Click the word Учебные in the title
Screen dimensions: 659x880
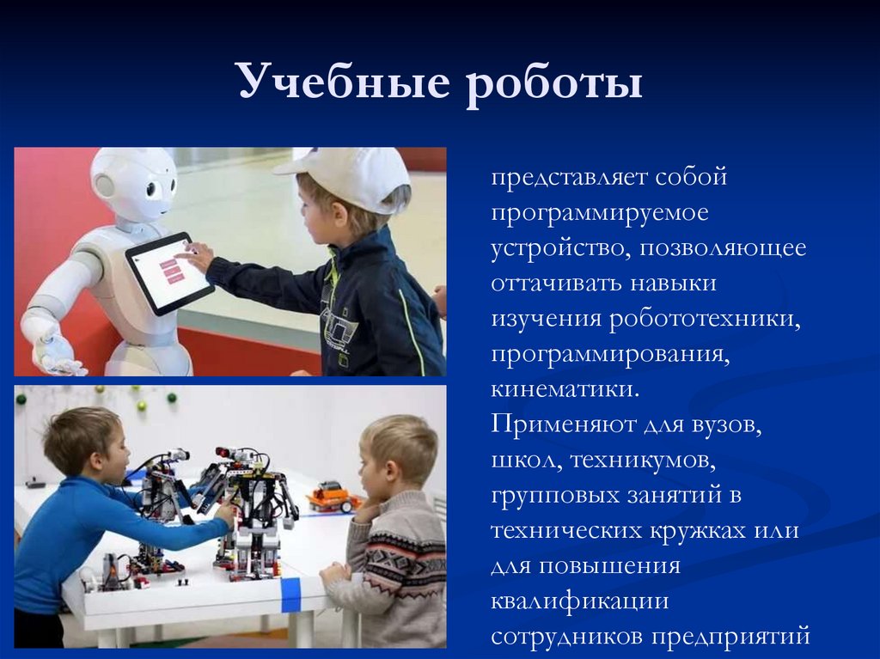tap(343, 83)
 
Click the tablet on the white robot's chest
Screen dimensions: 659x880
tap(169, 272)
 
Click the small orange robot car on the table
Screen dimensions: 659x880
tap(334, 496)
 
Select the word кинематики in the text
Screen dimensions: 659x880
tap(565, 388)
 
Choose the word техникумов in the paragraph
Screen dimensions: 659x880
tap(639, 460)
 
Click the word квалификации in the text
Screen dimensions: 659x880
tap(580, 601)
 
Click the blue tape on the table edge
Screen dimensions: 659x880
tap(291, 595)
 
